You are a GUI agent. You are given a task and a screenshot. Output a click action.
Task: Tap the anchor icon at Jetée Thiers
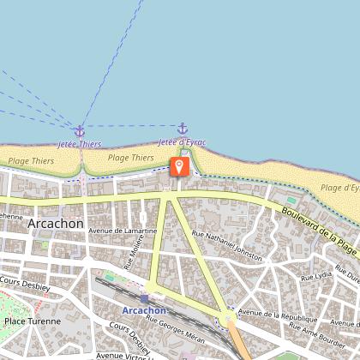pos(80,131)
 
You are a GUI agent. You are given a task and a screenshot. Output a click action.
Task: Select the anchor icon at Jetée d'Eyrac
pos(182,129)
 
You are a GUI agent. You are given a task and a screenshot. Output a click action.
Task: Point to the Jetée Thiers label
pos(80,144)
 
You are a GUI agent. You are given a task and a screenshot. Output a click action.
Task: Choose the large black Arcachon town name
pos(56,224)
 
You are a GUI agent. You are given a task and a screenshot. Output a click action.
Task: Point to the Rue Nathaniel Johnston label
pos(227,245)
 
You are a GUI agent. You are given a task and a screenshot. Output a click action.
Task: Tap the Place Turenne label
pos(33,322)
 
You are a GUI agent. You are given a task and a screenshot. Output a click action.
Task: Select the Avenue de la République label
pos(272,315)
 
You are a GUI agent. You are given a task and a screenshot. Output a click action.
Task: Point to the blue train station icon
pos(144,297)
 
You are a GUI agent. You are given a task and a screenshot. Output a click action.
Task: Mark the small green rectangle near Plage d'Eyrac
pos(291,200)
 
